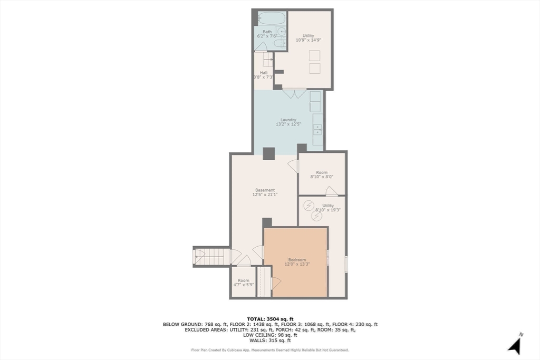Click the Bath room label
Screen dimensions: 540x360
click(x=267, y=32)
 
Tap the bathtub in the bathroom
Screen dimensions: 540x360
click(x=272, y=18)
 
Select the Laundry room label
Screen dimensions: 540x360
click(x=288, y=120)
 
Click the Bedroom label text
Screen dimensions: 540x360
click(x=297, y=260)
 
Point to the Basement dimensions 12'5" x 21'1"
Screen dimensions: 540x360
click(x=265, y=194)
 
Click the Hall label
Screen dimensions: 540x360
click(x=264, y=73)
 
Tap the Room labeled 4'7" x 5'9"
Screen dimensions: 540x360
click(x=244, y=283)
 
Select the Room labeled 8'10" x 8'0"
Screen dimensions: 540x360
click(x=322, y=174)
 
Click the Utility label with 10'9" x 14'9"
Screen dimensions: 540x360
click(x=308, y=38)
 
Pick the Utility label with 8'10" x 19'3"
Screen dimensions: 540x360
click(x=328, y=208)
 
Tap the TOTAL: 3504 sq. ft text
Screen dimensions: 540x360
click(x=270, y=319)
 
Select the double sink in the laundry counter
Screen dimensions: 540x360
click(x=317, y=130)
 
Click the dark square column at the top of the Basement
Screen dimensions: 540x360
click(x=268, y=153)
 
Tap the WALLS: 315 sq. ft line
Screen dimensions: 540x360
click(x=270, y=340)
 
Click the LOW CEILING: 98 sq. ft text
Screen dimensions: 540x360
click(x=270, y=335)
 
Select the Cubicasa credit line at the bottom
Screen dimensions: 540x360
click(x=270, y=350)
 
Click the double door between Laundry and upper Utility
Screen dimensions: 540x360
click(x=294, y=93)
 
